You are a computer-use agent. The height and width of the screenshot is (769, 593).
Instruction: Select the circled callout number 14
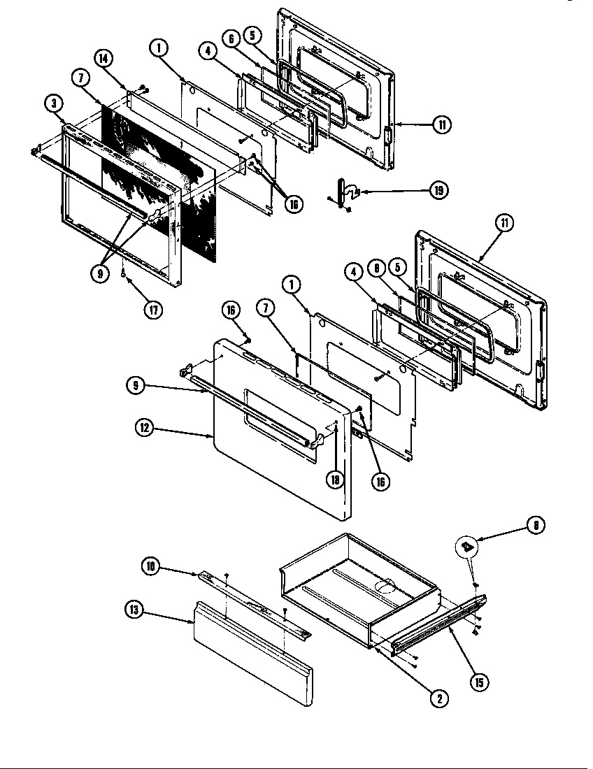coord(103,59)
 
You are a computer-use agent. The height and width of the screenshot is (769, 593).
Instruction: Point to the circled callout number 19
coord(438,190)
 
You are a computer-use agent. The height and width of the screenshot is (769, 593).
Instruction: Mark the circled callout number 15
coord(479,682)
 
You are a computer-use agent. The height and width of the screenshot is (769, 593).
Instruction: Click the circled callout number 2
coord(438,698)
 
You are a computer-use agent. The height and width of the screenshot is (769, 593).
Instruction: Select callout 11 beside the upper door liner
coord(441,125)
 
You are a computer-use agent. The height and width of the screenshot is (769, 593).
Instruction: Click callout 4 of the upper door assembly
coord(206,50)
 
